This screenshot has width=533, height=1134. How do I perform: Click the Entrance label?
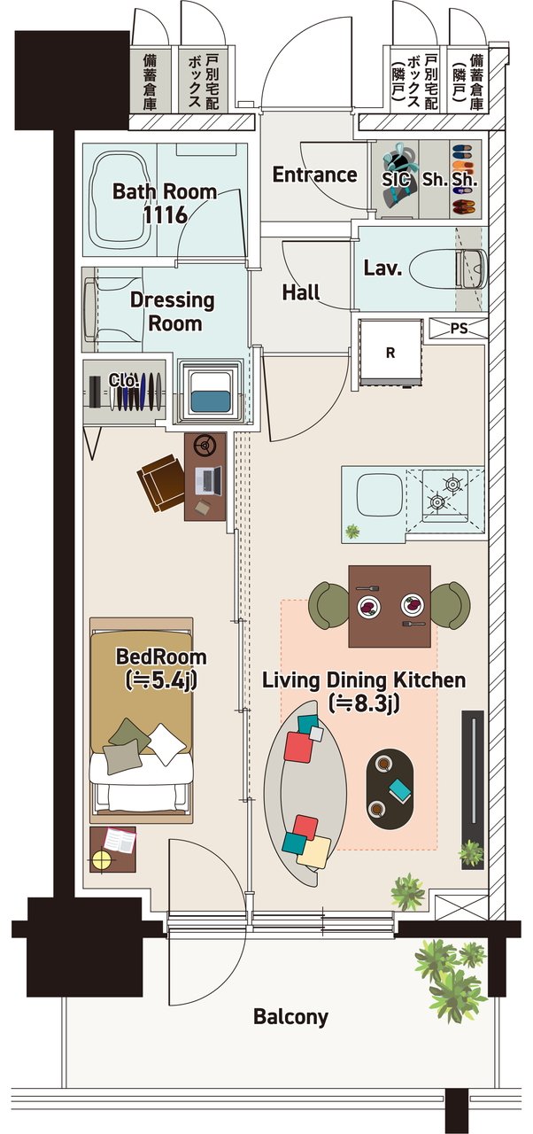[x=314, y=175]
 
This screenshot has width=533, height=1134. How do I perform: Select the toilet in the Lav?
[x=448, y=268]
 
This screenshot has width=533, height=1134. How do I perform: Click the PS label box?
[x=459, y=329]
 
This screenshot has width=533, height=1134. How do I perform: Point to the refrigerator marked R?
[x=390, y=353]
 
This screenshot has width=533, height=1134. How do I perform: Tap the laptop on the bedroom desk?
[x=208, y=480]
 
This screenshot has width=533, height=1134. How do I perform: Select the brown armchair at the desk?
[x=161, y=483]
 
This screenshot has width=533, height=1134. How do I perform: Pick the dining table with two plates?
[x=390, y=606]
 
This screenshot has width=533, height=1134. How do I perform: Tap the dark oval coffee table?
[x=390, y=788]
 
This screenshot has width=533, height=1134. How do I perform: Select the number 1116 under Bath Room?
[x=166, y=215]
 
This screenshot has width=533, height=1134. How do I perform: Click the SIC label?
[x=396, y=180]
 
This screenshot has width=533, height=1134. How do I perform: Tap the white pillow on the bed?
[x=167, y=743]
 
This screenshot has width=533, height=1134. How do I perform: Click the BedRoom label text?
[x=161, y=657]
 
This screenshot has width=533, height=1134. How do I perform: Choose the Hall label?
[x=301, y=292]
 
